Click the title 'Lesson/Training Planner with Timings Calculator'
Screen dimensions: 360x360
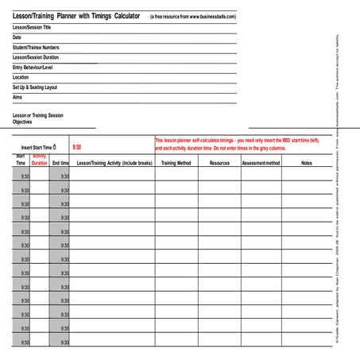(x=76, y=16)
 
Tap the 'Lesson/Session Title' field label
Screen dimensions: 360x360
(x=37, y=27)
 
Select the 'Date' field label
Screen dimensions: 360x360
(x=17, y=37)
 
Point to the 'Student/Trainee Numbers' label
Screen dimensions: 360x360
(x=36, y=48)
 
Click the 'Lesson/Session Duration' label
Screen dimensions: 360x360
(x=36, y=57)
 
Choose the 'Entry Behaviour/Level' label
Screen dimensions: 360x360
(x=34, y=68)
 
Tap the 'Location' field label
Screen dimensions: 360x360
(x=21, y=77)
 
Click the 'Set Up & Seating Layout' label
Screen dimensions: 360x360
(x=35, y=87)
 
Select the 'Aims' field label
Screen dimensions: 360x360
(x=17, y=97)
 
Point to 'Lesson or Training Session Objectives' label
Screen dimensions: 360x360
(x=37, y=119)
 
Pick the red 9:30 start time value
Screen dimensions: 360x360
(x=76, y=147)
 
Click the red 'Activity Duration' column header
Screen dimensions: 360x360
(x=40, y=160)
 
